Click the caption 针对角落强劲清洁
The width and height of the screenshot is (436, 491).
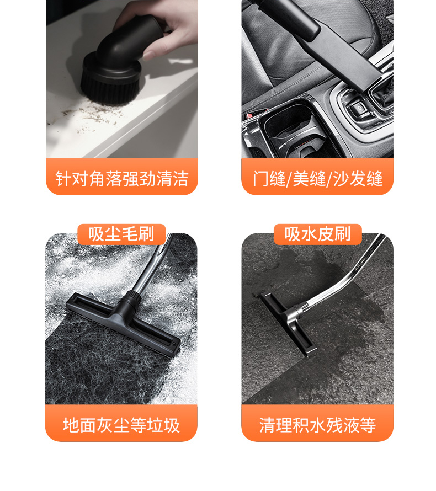click(x=122, y=179)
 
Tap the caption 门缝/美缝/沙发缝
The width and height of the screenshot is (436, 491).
click(x=317, y=179)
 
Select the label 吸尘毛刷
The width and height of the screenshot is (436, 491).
click(x=121, y=234)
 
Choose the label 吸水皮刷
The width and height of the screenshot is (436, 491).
click(x=317, y=234)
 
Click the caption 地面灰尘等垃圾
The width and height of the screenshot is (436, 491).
click(x=121, y=425)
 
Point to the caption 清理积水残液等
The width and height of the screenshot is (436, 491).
click(x=317, y=425)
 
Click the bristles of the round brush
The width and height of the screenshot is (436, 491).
click(x=110, y=90)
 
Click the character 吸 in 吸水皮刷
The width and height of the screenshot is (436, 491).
click(x=293, y=234)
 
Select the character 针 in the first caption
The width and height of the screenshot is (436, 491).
click(x=63, y=179)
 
